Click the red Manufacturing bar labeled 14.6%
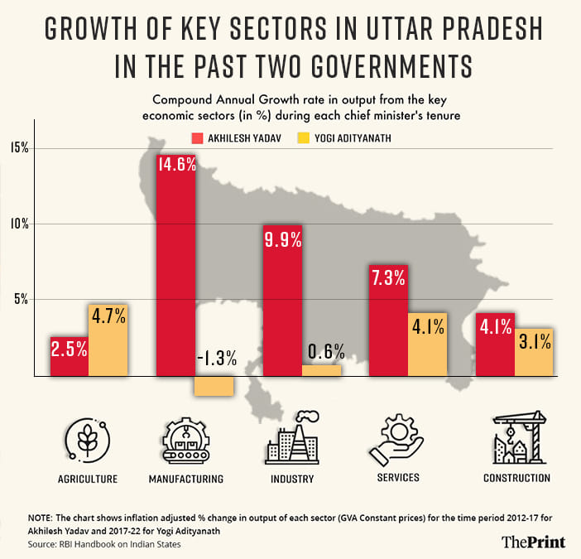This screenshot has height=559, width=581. click(x=175, y=265)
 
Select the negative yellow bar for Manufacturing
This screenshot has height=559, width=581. click(x=214, y=385)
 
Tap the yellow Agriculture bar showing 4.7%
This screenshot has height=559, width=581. click(x=108, y=340)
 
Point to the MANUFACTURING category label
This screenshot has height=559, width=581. click(x=185, y=479)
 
